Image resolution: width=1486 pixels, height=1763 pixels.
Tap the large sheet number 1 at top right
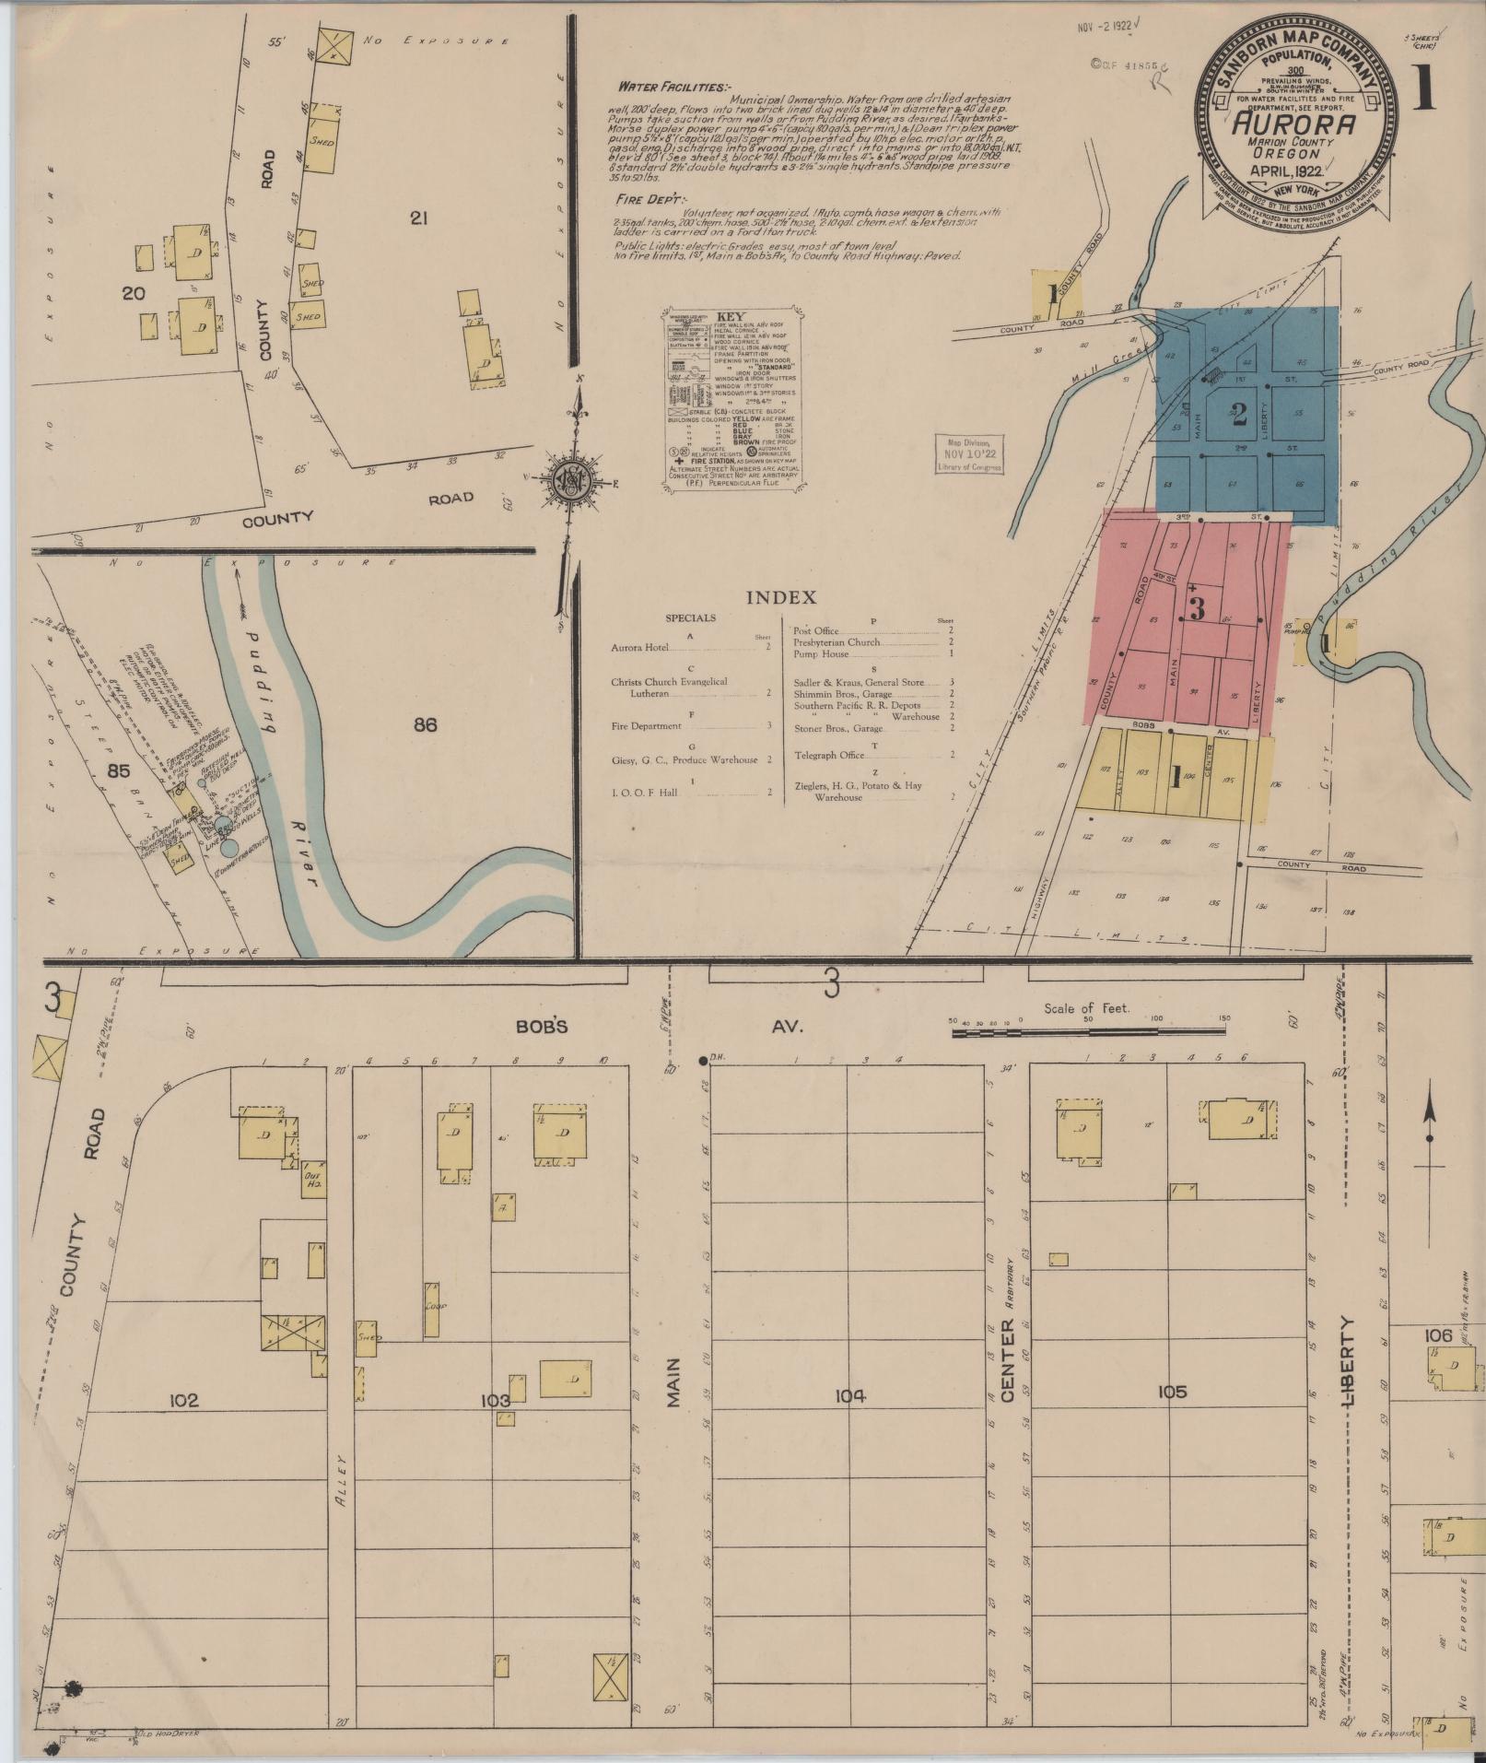pyautogui.click(x=1422, y=88)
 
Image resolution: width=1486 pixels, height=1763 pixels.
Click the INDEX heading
pyautogui.click(x=780, y=597)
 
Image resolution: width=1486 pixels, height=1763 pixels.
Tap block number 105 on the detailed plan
pyautogui.click(x=1171, y=1392)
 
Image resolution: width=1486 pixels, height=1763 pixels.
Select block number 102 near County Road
pyautogui.click(x=183, y=1400)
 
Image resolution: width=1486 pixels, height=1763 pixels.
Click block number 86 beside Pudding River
pyautogui.click(x=425, y=724)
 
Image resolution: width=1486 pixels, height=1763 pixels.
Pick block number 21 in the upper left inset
pyautogui.click(x=419, y=218)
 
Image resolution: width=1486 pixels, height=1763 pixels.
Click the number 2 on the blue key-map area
pyautogui.click(x=1238, y=414)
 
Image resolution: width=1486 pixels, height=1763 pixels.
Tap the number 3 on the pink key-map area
pyautogui.click(x=1197, y=609)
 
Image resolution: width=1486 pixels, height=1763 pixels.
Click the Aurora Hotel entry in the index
pyautogui.click(x=638, y=648)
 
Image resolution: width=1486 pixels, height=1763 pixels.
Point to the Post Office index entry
pyautogui.click(x=815, y=630)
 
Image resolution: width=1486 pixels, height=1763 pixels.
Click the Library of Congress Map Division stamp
pyautogui.click(x=969, y=454)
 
